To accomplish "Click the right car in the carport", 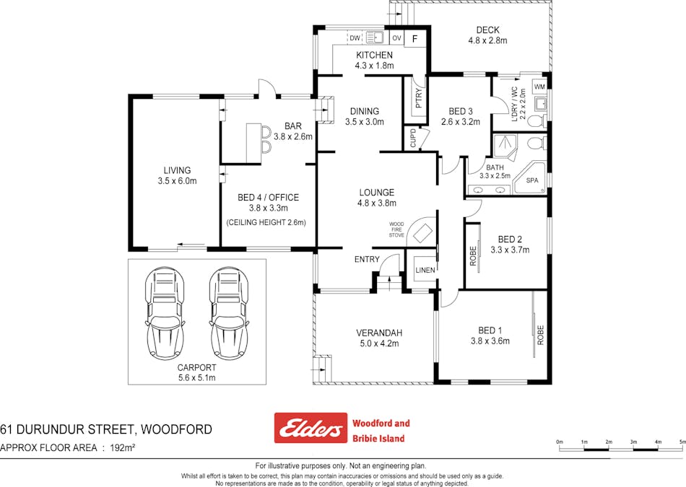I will point(230,314).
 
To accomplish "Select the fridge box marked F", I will point(414,38).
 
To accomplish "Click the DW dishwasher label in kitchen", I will point(355,38).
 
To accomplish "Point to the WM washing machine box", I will point(539,87).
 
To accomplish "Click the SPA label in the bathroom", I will point(533,180).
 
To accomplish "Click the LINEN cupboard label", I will point(425,270).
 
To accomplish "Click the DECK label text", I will point(487,30).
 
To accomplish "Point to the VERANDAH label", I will point(379,333).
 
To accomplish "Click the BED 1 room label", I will point(490,330).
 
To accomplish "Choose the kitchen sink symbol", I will point(375,38).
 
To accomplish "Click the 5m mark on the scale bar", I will point(682,442).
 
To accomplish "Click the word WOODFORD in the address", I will point(177,430).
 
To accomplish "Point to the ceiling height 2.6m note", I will point(266,222).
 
